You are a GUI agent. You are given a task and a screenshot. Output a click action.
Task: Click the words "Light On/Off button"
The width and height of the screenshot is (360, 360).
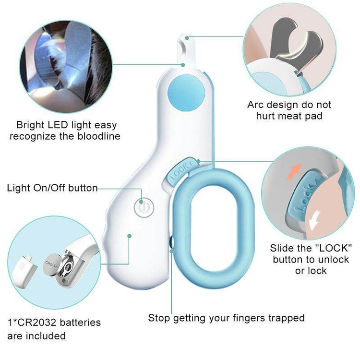pyautogui.click(x=52, y=188)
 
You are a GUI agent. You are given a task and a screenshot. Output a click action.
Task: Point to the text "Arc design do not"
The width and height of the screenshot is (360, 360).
pyautogui.click(x=289, y=105)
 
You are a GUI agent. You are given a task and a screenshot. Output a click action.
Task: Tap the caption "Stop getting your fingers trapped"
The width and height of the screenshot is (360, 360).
pyautogui.click(x=226, y=318)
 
